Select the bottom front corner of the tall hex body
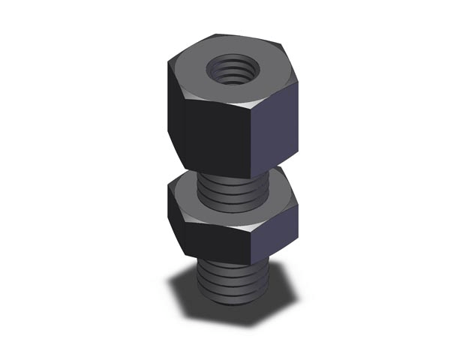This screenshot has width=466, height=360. click(250, 178)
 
